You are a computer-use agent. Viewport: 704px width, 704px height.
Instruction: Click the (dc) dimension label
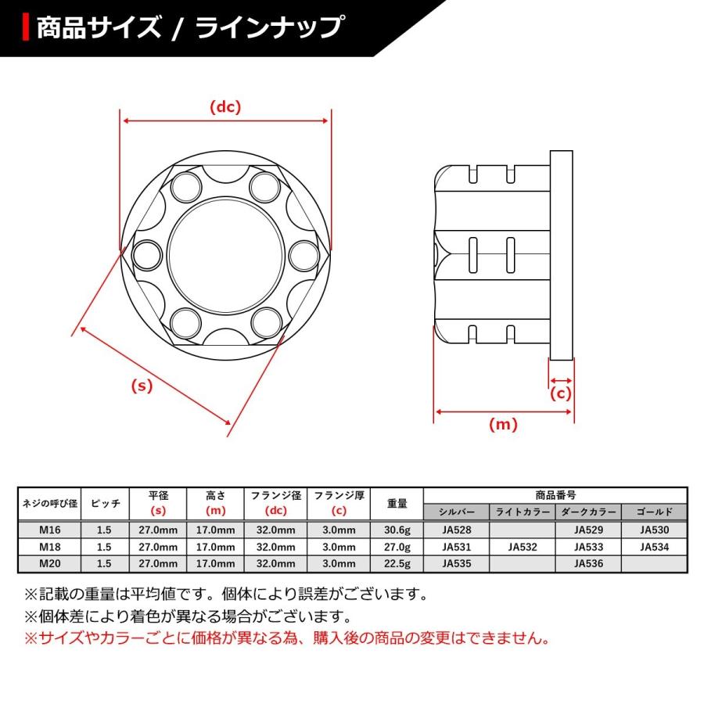pos(225,107)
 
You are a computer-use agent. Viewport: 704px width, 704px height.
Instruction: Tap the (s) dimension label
pos(142,386)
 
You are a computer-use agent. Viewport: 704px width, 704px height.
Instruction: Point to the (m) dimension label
pos(503,425)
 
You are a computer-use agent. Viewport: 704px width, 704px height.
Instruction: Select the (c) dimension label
pos(561,393)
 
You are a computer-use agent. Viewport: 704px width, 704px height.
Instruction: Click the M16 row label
pos(48,530)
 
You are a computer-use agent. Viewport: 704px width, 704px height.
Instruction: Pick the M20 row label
pos(48,562)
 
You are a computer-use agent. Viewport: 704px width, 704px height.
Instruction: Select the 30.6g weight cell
pos(396,530)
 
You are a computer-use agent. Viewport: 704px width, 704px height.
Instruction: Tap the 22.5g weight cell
pos(396,562)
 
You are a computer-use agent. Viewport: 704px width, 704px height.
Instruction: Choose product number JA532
pos(522,546)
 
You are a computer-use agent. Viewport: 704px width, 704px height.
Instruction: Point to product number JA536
pos(587,562)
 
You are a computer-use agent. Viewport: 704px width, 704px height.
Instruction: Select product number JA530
pos(654,530)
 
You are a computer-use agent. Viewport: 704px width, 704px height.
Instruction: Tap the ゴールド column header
pos(654,512)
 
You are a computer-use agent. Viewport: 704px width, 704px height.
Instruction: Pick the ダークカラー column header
pos(587,512)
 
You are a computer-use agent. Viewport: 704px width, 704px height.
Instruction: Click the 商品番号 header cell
pos(555,495)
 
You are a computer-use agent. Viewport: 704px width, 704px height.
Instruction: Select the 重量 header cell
pos(396,504)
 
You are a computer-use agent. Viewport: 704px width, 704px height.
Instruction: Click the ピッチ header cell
pos(105,504)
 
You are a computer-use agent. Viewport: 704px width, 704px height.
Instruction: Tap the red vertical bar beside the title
pos(27,27)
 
